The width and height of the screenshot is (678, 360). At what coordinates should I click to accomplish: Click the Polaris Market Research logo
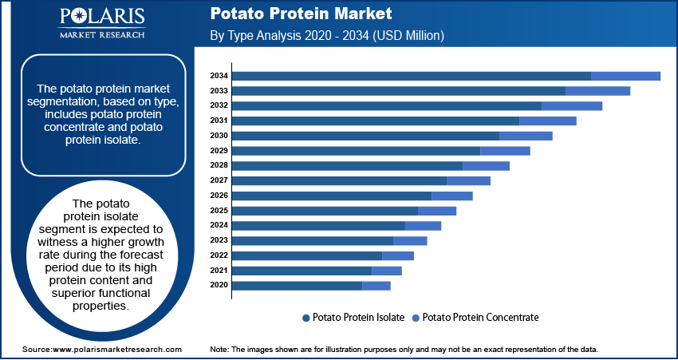click(x=101, y=23)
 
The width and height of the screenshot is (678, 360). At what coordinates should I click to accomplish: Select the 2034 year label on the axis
click(x=219, y=76)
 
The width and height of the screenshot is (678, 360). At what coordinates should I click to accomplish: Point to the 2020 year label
click(x=219, y=285)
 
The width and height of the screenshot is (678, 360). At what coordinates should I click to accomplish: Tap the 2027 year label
click(x=219, y=180)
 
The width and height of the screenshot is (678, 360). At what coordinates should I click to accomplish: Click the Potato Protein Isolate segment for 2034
click(x=412, y=76)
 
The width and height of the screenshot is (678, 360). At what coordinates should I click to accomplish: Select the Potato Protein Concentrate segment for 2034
click(x=625, y=76)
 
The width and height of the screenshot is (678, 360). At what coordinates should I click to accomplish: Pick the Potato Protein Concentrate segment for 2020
click(x=376, y=285)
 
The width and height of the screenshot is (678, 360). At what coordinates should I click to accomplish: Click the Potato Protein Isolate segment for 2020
click(x=297, y=285)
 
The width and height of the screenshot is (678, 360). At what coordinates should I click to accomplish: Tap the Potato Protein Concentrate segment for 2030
click(x=526, y=136)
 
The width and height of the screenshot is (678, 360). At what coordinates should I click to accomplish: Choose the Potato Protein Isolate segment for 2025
click(x=325, y=211)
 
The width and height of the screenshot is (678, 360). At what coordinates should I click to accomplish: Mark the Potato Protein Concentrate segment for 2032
click(x=571, y=105)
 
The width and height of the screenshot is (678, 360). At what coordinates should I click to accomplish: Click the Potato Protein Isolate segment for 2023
click(x=313, y=240)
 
